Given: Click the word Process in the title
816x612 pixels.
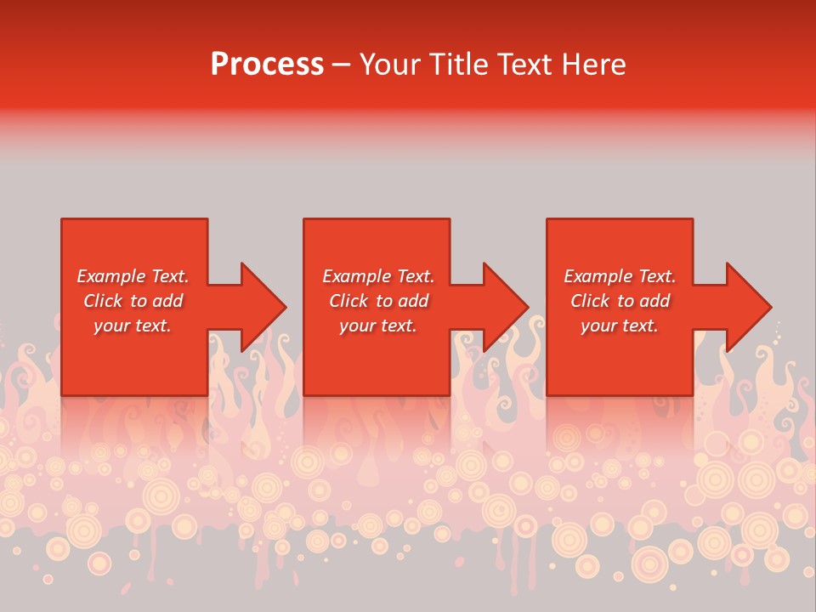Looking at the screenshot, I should (267, 65).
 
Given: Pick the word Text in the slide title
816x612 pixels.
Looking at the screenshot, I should (526, 65).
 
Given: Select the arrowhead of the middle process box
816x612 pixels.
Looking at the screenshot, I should (505, 307).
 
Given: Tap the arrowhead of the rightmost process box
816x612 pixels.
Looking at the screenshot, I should (748, 307).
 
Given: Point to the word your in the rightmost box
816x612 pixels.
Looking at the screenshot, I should (599, 326).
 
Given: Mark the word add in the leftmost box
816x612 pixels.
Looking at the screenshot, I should (168, 301).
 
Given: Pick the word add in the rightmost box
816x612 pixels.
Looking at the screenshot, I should (655, 301).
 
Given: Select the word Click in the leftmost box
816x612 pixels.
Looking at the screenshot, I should (104, 301).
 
